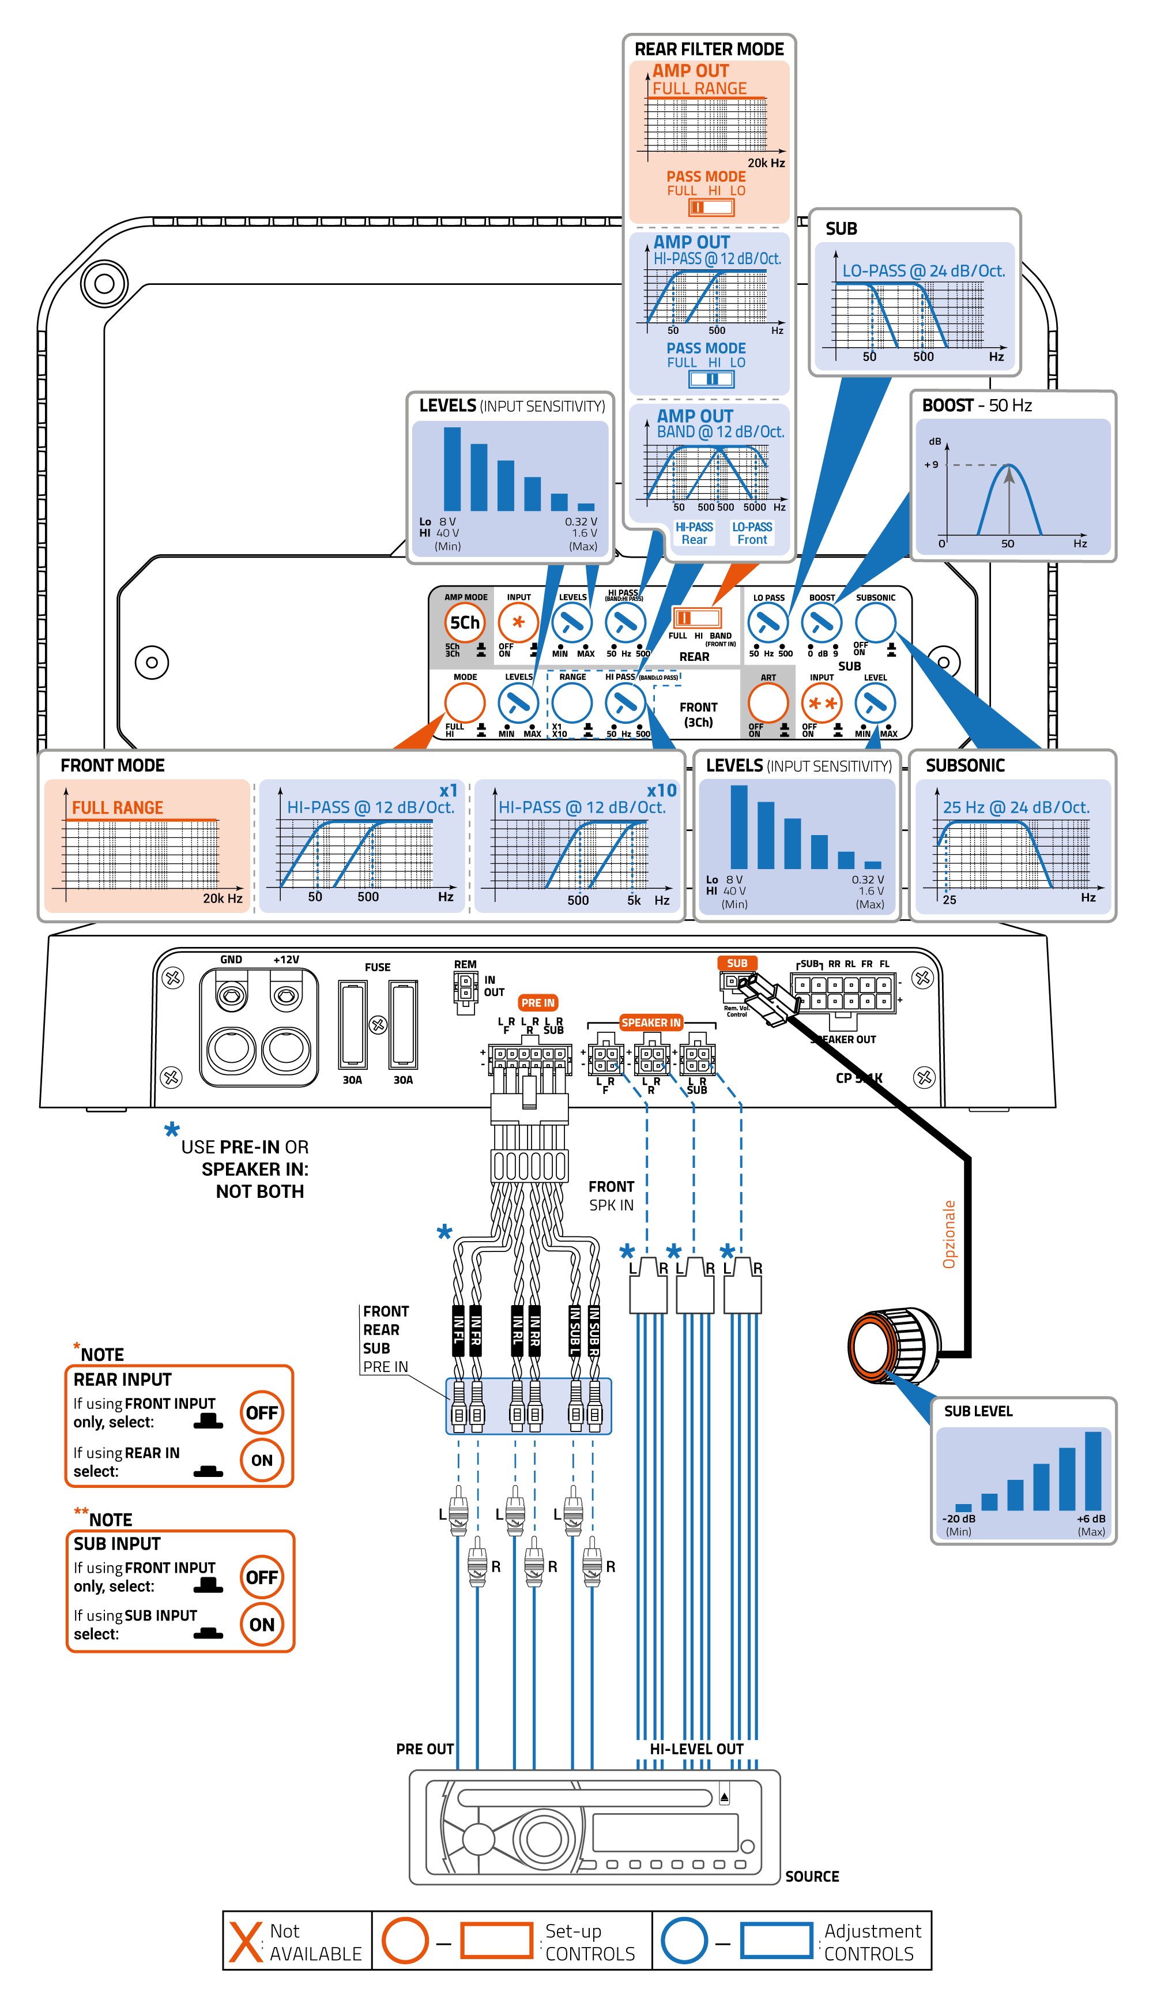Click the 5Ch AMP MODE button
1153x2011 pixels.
point(465,622)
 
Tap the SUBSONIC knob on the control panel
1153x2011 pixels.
point(875,622)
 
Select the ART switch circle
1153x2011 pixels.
point(768,702)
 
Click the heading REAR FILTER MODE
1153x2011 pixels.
point(709,49)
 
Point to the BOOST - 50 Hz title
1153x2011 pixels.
point(977,405)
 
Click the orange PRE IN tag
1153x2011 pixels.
point(538,1003)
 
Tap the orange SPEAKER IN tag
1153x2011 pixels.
point(651,1023)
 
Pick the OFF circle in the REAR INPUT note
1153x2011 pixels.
point(261,1413)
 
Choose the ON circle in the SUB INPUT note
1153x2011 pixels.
point(261,1625)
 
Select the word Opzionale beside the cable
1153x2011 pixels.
point(949,1235)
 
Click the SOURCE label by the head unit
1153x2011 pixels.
point(812,1877)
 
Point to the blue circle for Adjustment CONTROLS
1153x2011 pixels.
point(684,1941)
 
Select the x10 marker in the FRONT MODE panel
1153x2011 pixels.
point(661,791)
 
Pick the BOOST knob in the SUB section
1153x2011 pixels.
point(821,622)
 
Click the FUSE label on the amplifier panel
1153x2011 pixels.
point(378,967)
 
